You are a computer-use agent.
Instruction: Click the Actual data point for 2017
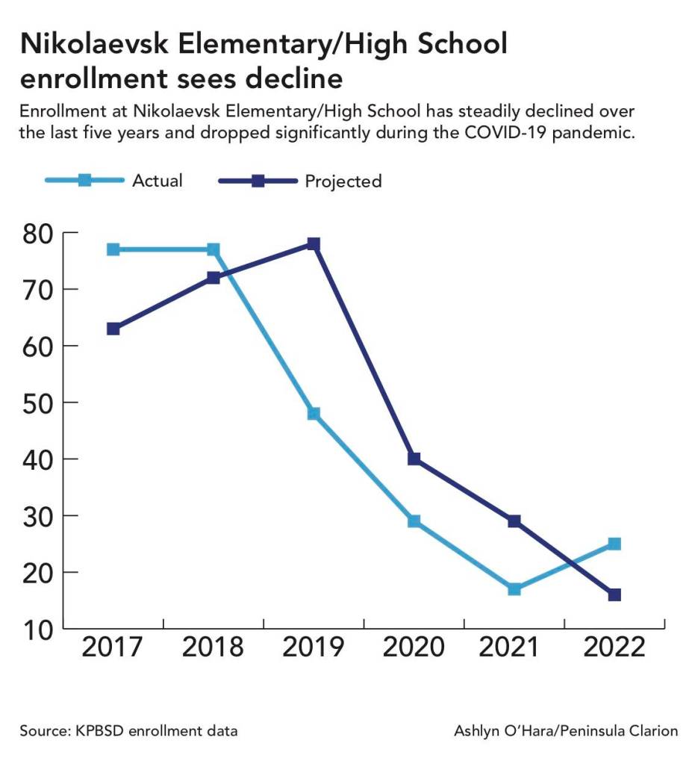coord(113,249)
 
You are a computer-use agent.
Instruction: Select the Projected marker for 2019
coord(314,244)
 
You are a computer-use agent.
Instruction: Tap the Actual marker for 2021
coord(514,589)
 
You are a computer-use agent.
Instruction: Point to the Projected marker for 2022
coord(614,595)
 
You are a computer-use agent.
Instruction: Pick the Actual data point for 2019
coord(314,414)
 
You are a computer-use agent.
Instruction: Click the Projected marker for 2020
coord(414,459)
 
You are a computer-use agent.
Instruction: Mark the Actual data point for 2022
coord(614,544)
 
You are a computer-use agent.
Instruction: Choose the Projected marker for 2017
coord(113,329)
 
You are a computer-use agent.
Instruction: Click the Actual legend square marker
coord(84,181)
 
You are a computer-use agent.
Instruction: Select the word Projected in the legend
coord(343,181)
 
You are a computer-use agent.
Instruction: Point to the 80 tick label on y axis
coord(37,233)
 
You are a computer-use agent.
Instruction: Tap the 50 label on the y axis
coord(37,403)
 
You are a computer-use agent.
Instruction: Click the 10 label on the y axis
coord(37,629)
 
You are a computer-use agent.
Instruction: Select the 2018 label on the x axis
coord(213,647)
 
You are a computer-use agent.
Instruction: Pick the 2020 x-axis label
coord(414,647)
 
